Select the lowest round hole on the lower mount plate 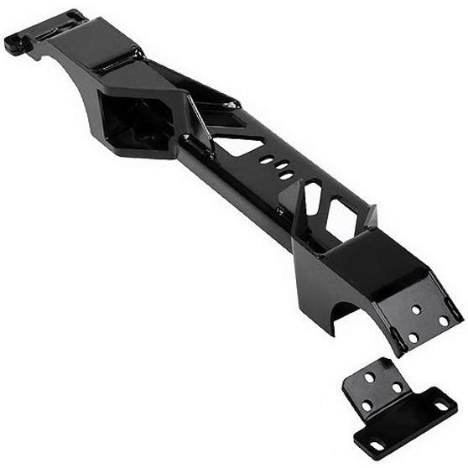[x=413, y=338]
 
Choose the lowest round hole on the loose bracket [x=367, y=406]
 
